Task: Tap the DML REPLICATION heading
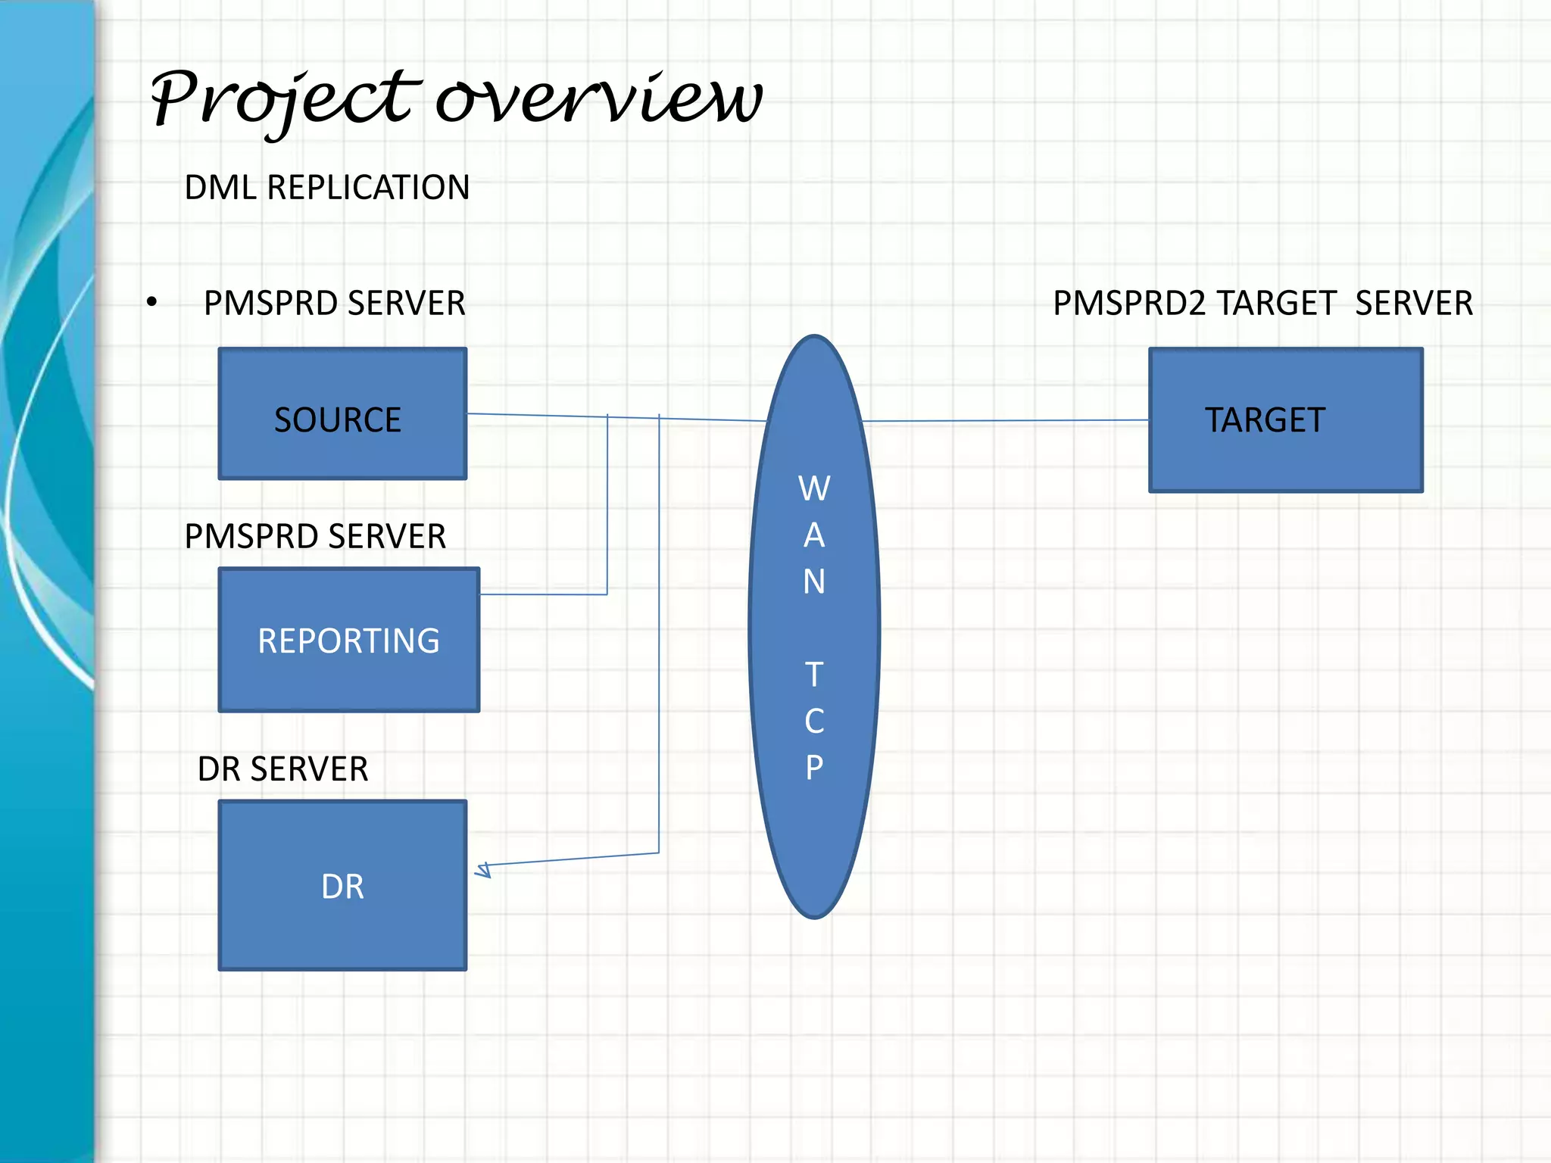tap(326, 188)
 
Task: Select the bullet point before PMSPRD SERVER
tap(152, 303)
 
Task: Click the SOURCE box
tap(342, 413)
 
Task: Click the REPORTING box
tap(348, 641)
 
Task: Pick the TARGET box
tap(1285, 420)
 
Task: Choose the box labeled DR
tap(342, 886)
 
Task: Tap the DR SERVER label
tap(282, 769)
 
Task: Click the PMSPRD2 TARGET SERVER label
tap(1262, 304)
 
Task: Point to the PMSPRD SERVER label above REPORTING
tap(315, 537)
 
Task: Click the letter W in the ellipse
tap(814, 489)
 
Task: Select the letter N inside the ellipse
tap(814, 582)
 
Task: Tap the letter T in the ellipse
tap(814, 675)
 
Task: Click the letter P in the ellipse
tap(814, 768)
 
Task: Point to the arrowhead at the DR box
tap(483, 869)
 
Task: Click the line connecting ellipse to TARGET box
tap(1007, 420)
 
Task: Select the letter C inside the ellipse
tap(814, 722)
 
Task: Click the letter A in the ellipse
tap(814, 536)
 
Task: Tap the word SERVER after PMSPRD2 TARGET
tap(1413, 304)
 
